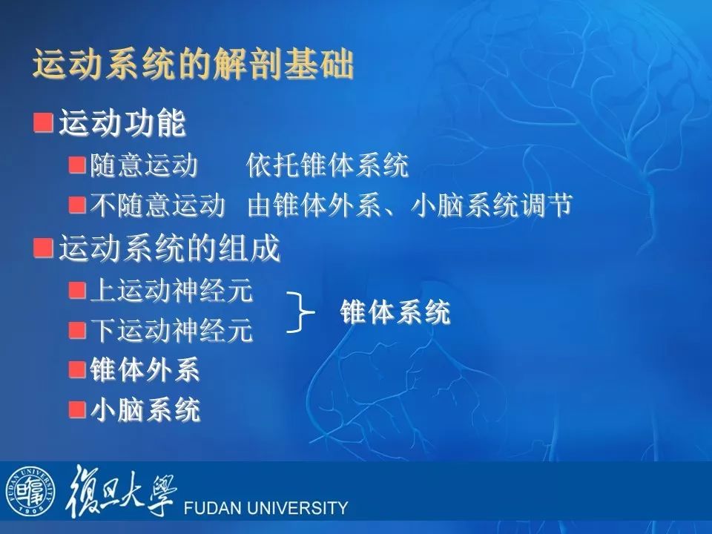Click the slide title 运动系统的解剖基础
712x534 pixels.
[193, 64]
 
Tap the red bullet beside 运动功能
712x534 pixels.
[43, 123]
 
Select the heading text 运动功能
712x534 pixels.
[122, 123]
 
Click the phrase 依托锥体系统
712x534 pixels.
[327, 165]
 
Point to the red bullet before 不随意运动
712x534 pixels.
[77, 205]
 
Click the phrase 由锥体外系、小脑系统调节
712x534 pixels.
[409, 205]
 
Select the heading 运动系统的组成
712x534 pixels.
[169, 248]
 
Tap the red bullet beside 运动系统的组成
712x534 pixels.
[43, 248]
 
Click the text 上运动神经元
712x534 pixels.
[171, 290]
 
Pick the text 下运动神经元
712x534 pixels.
[171, 330]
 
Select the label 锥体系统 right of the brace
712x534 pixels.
[395, 312]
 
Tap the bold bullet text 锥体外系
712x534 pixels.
[145, 369]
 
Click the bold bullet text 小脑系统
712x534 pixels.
[145, 409]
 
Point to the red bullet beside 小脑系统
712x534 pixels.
[77, 409]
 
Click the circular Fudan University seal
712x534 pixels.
[30, 491]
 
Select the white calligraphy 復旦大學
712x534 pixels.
[121, 491]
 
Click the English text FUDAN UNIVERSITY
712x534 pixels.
[266, 507]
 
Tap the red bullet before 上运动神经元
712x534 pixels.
[77, 290]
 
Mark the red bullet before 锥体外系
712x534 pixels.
[77, 369]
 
